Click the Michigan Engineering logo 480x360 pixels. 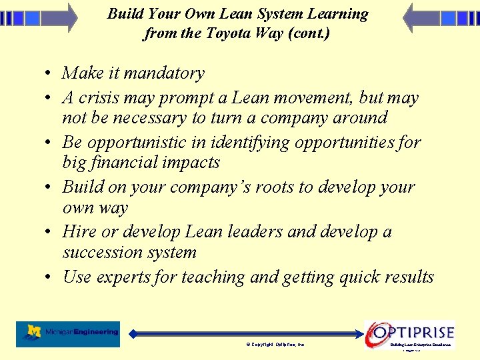[69, 333]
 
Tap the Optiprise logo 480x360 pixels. [409, 332]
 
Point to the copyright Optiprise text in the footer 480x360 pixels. [275, 345]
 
